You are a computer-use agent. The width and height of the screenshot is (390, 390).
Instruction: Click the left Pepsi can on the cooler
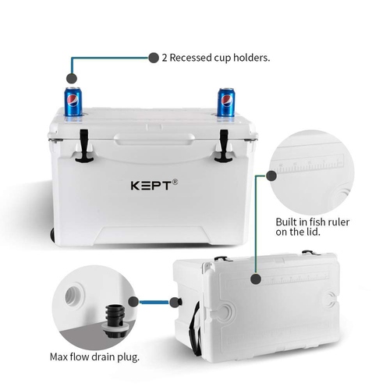click(x=73, y=101)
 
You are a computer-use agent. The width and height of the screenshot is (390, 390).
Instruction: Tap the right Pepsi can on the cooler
click(x=226, y=102)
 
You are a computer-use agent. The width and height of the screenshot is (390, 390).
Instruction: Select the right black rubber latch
click(x=224, y=146)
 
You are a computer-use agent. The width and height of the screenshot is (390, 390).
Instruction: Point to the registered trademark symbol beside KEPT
click(x=175, y=182)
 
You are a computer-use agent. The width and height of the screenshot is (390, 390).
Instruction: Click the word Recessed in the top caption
click(x=190, y=58)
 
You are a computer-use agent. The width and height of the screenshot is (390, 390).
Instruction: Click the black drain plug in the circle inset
click(x=115, y=321)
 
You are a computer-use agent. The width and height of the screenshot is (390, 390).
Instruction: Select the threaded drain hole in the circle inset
click(x=75, y=296)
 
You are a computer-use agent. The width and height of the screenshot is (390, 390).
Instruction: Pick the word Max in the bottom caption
click(x=58, y=356)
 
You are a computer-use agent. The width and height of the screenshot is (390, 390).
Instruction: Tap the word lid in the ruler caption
click(x=313, y=232)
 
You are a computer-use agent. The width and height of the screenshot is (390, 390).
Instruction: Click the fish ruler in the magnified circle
click(x=310, y=164)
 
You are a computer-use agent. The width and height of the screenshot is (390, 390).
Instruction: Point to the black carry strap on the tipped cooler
click(x=196, y=329)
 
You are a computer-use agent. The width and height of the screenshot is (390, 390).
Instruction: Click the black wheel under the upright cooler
click(x=52, y=235)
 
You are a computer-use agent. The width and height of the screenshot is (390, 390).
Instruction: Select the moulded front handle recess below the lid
click(x=154, y=140)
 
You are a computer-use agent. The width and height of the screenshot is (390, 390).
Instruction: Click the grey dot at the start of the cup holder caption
click(x=154, y=58)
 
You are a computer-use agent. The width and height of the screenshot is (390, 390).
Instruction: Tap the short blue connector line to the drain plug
click(x=154, y=302)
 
